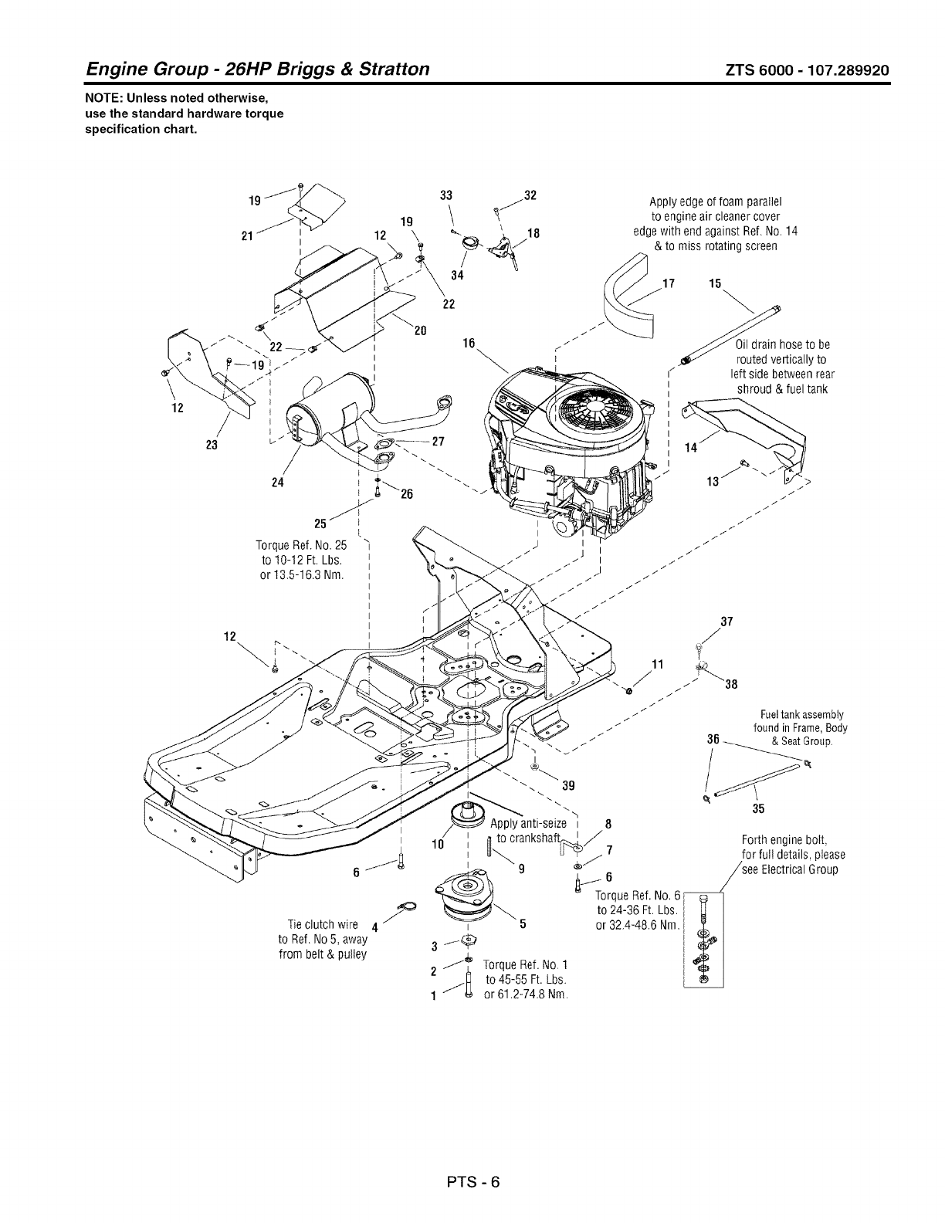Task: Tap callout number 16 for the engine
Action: pos(468,344)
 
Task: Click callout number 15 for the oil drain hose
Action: pos(714,283)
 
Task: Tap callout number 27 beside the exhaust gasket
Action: pos(439,442)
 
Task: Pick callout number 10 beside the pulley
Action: pos(436,844)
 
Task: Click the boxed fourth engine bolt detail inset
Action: pos(703,938)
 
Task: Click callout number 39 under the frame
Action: pos(569,786)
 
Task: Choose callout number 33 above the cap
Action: pos(445,195)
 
